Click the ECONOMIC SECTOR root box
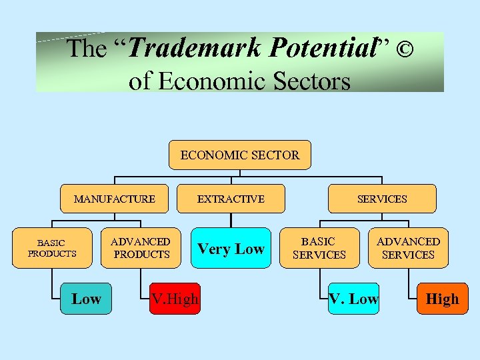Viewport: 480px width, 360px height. point(240,155)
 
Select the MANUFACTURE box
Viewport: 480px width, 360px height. point(115,199)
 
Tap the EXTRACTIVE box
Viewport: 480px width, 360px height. point(231,199)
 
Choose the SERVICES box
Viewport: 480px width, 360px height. point(382,199)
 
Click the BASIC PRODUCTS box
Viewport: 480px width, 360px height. point(52,249)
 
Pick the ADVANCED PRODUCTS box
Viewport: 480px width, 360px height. point(141,249)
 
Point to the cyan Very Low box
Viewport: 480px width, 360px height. point(231,249)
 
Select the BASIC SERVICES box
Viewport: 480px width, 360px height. point(319,249)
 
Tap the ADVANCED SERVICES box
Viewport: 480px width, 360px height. point(408,249)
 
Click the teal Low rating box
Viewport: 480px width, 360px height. point(86,299)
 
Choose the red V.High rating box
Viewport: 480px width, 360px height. point(175,299)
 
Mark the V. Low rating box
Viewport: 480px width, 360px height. point(353,299)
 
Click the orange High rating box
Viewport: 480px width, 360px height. point(442,299)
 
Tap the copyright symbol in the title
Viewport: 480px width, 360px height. point(403,49)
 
